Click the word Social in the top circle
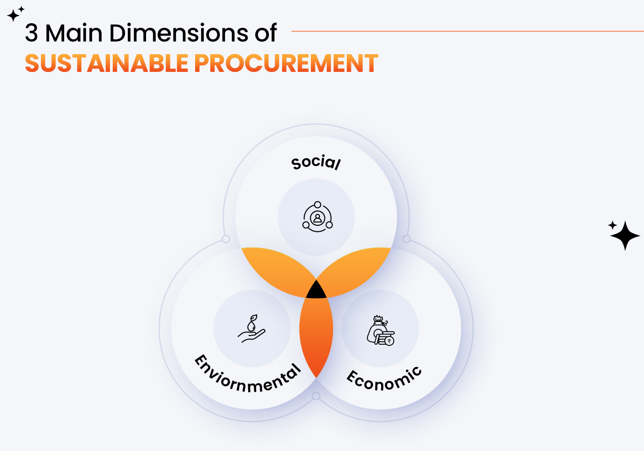[316, 162]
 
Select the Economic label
[384, 379]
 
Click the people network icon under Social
[317, 217]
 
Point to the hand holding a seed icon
[252, 329]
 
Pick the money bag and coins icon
[381, 330]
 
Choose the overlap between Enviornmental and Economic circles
[316, 337]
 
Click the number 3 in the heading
[31, 33]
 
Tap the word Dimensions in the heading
[179, 33]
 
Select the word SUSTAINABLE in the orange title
[106, 63]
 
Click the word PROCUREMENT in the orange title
[286, 63]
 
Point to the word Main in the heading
[74, 33]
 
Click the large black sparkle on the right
[625, 236]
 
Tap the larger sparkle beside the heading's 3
[13, 16]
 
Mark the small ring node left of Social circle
[226, 239]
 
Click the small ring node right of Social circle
[406, 239]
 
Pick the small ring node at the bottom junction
[316, 396]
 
